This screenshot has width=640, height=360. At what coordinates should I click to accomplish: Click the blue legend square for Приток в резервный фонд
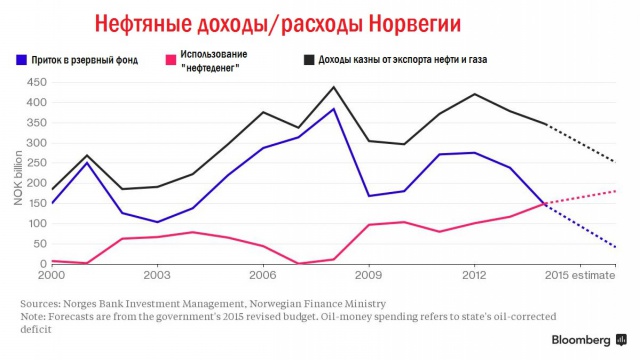coord(22,59)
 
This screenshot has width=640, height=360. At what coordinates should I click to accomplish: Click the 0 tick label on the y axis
coord(41,263)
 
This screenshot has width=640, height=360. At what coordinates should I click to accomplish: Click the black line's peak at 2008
coord(334,87)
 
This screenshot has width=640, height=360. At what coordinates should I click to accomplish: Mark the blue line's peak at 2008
coord(334,109)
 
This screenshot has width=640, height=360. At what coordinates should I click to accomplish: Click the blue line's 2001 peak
coord(87,162)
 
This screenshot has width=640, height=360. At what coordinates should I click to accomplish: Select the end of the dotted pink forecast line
coord(615,190)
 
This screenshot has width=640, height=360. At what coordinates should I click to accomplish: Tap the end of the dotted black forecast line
coord(615,161)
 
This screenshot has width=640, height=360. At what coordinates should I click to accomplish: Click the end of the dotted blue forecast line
coord(615,247)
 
